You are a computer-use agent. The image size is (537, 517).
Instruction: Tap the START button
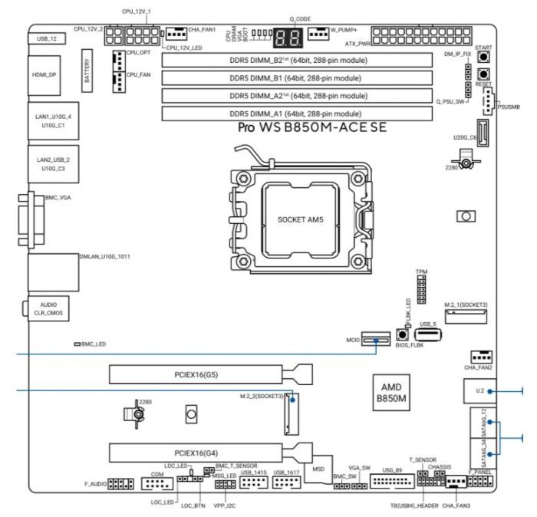(x=484, y=58)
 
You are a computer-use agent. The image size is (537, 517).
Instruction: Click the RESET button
(x=484, y=75)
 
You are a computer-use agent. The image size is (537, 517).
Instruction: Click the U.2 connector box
(x=480, y=391)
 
